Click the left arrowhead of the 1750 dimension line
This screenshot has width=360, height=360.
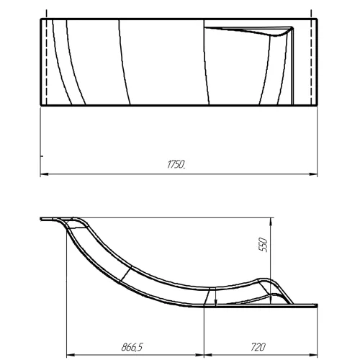[x=42, y=174]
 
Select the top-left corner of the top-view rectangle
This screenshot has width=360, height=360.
[x=39, y=19]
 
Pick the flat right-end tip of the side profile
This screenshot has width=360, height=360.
[x=315, y=302]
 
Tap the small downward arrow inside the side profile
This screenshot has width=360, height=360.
[x=213, y=301]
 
